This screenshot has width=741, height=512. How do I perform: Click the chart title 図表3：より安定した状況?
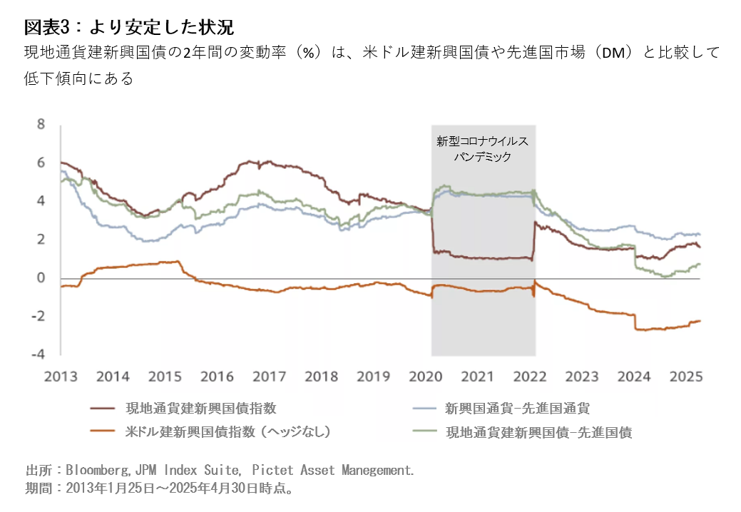[x=129, y=27]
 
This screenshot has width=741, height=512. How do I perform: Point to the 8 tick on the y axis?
[x=41, y=125]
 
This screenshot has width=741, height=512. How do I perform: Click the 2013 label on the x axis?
[x=61, y=377]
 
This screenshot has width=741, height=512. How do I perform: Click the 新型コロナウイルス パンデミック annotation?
[x=483, y=149]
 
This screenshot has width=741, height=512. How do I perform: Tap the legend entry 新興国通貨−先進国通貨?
[x=517, y=409]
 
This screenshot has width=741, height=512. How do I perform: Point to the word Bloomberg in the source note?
[x=96, y=471]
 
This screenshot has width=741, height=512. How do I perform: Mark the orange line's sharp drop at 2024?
[x=635, y=322]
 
